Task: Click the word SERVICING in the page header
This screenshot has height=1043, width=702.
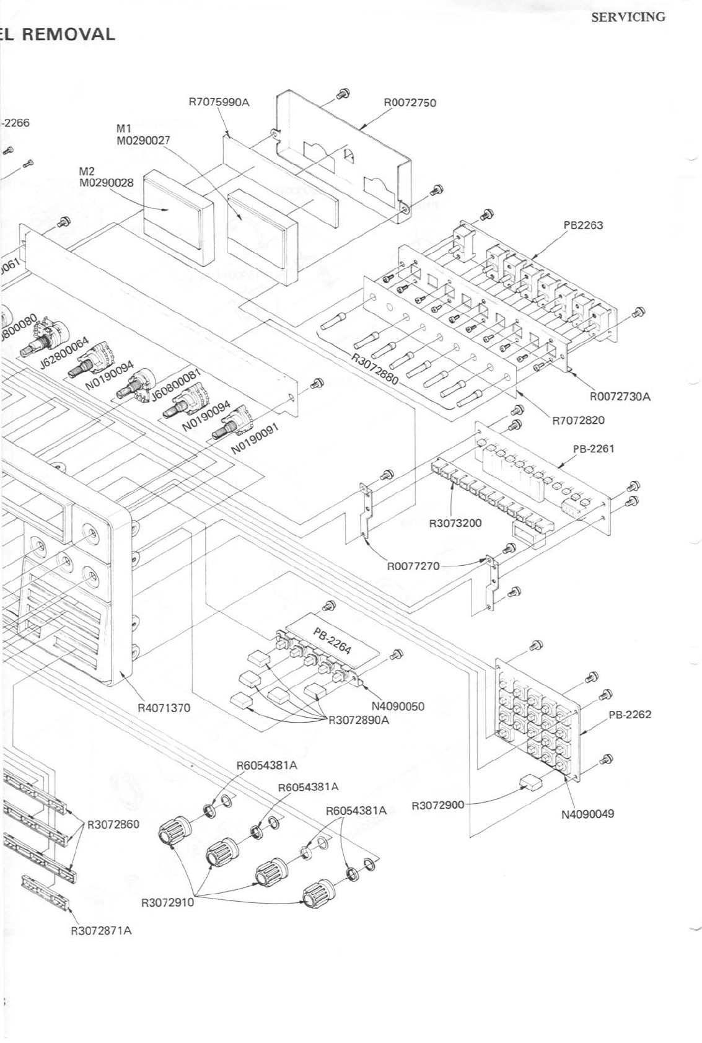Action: (x=628, y=17)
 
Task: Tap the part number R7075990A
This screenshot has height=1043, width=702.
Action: (x=219, y=102)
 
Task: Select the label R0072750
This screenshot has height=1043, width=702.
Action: (x=410, y=103)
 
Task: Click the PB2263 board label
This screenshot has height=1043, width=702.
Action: (x=583, y=226)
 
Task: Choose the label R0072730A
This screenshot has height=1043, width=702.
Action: (x=620, y=397)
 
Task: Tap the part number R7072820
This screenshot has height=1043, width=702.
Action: (x=578, y=420)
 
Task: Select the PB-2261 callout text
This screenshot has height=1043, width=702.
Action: (x=593, y=448)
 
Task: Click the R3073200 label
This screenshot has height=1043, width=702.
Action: (x=455, y=522)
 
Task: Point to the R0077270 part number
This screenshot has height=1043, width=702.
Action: (x=413, y=566)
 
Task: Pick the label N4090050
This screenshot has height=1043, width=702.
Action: (x=398, y=706)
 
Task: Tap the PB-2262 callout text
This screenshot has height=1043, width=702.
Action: (x=630, y=715)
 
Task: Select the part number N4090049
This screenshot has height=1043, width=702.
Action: (x=587, y=814)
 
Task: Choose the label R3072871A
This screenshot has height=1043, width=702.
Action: (x=101, y=931)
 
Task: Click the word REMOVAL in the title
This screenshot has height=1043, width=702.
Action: (x=69, y=34)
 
